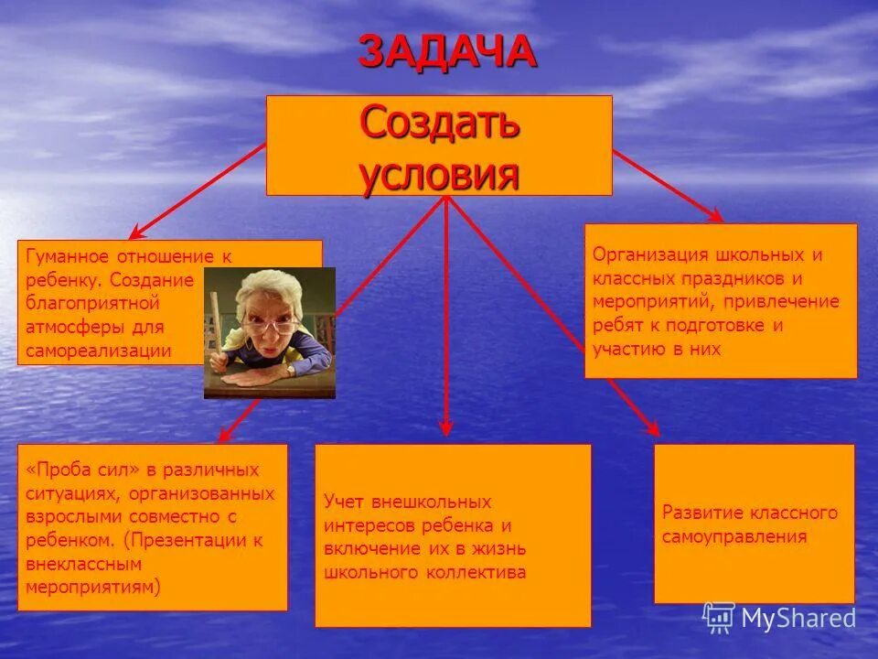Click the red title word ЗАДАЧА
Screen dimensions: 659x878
(x=446, y=51)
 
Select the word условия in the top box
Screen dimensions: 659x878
(x=440, y=173)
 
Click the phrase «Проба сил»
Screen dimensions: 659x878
(x=83, y=470)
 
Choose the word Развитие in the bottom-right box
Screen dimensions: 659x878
(x=701, y=513)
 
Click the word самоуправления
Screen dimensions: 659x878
(x=734, y=536)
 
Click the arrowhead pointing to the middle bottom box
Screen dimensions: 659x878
(x=446, y=426)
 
